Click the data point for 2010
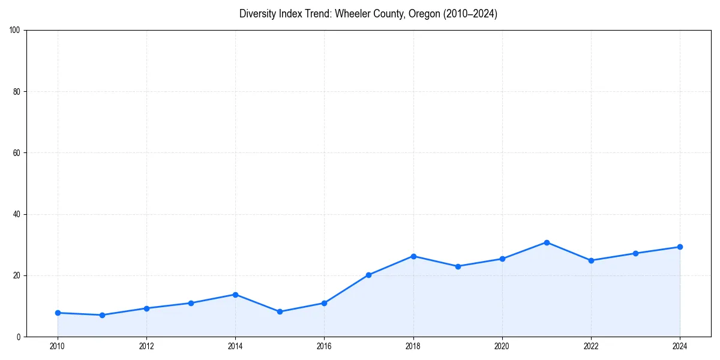pyautogui.click(x=58, y=313)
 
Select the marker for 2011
pyautogui.click(x=102, y=315)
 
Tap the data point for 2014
pyautogui.click(x=235, y=295)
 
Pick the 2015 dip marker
pyautogui.click(x=280, y=311)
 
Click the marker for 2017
pyautogui.click(x=368, y=275)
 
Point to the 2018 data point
pyautogui.click(x=413, y=256)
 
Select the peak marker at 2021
pyautogui.click(x=547, y=242)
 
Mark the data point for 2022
pyautogui.click(x=591, y=260)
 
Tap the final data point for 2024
pyautogui.click(x=680, y=247)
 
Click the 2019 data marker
pyautogui.click(x=458, y=266)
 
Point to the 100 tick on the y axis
pyautogui.click(x=16, y=31)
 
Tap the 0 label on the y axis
pyautogui.click(x=19, y=337)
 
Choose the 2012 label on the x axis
pyautogui.click(x=146, y=346)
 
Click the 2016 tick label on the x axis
pyautogui.click(x=324, y=346)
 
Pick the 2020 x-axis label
pyautogui.click(x=502, y=346)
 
